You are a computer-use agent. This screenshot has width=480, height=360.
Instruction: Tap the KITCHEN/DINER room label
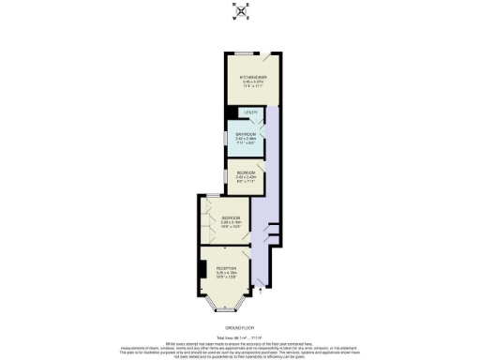[253, 77]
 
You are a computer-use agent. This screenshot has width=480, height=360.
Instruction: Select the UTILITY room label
[250, 113]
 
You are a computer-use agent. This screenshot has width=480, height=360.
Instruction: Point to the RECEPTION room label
[226, 268]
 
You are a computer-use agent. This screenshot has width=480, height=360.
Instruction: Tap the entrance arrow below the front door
[262, 292]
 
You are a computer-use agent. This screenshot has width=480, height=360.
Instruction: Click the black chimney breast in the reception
[202, 270]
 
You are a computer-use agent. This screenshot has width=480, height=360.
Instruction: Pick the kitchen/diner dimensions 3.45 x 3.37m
[253, 82]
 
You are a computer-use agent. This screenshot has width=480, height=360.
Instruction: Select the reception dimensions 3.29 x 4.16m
[226, 273]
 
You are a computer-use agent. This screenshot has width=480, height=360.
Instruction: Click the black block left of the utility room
[232, 113]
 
